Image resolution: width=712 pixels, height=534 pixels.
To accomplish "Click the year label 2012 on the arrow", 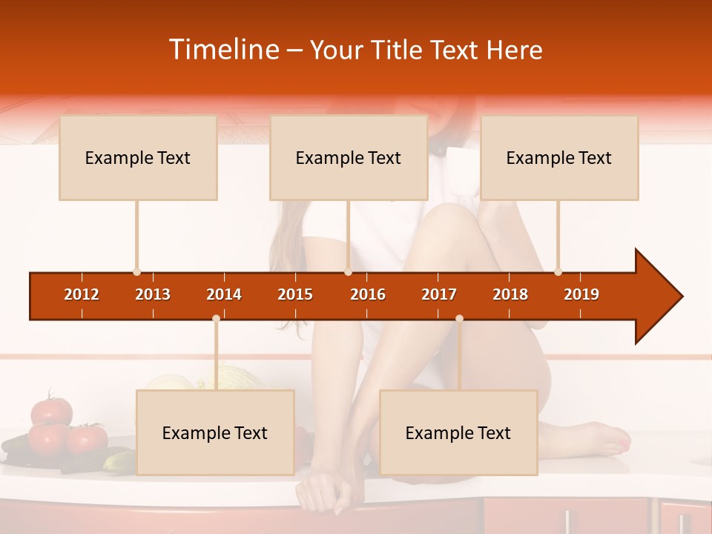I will tap(82, 294).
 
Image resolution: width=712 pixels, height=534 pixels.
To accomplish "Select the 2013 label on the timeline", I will tap(153, 294).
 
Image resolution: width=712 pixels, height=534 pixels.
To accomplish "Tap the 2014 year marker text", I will tap(224, 294).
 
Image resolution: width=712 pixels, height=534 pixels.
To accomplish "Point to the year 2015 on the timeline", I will tap(295, 294).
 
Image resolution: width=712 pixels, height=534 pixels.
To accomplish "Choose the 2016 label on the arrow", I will tap(368, 294).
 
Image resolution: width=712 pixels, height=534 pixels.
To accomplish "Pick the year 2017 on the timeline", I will tap(439, 294).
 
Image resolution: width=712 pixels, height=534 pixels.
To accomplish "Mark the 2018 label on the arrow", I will tap(510, 294).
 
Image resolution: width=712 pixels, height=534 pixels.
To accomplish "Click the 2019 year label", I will tap(581, 294).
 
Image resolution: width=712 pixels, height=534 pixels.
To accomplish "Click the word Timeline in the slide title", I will tap(224, 50).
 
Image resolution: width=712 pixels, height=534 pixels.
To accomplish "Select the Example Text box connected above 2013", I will tap(138, 158).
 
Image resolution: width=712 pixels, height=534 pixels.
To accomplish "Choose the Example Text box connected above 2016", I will tap(349, 158).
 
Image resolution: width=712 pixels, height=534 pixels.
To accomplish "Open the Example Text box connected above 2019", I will tap(559, 158).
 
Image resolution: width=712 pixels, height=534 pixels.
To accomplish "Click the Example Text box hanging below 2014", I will tap(215, 433).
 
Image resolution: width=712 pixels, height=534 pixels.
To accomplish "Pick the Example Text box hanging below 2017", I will tap(458, 433).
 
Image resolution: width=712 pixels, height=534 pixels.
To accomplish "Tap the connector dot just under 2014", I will tap(216, 318).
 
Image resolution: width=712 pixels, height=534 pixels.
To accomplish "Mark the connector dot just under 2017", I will tap(459, 318).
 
